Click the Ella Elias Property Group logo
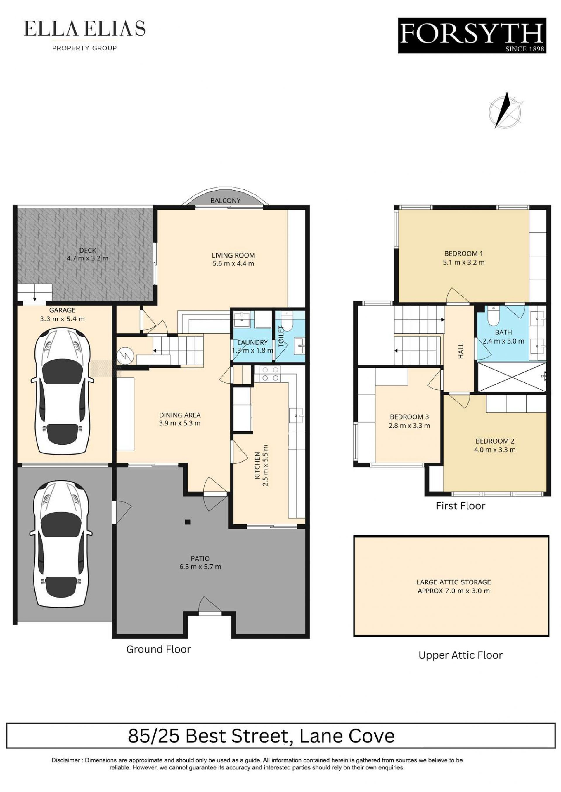coord(85,35)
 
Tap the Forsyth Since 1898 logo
coord(472,36)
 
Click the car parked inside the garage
coord(62,391)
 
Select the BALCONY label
coord(225,201)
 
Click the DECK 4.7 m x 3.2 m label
coord(87,254)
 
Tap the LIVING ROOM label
coord(233,255)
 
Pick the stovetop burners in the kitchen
coord(271,374)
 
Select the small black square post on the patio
coord(188,522)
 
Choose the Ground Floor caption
coord(159,649)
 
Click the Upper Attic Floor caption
coord(460,655)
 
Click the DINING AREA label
coord(180,415)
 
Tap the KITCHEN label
coord(257,465)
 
